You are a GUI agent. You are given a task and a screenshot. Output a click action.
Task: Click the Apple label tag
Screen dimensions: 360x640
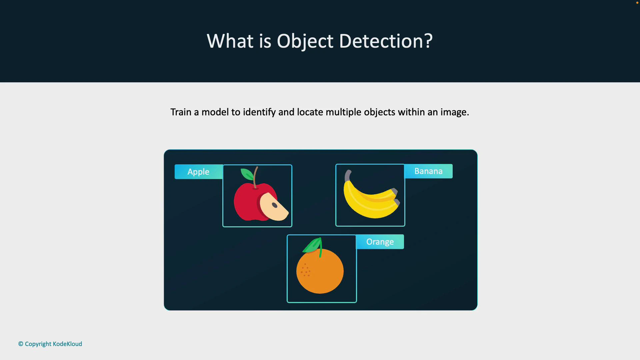(198, 172)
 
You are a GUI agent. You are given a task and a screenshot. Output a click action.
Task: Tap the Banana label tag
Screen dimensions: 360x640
(428, 171)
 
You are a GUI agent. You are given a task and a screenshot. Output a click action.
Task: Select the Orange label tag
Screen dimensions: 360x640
(380, 242)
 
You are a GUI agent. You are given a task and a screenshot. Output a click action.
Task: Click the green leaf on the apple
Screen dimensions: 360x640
(247, 174)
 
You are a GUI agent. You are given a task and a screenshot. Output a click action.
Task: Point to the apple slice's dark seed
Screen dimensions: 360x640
(275, 205)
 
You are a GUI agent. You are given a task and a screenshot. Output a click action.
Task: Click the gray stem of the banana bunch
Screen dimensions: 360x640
(348, 175)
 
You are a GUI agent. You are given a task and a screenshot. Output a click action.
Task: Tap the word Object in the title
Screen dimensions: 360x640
(305, 42)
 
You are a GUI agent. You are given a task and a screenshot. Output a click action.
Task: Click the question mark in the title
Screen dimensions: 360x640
(428, 41)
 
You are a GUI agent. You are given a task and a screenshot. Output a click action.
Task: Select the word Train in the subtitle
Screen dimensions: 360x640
(180, 112)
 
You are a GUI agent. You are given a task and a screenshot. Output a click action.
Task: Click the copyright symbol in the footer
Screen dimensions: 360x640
(21, 344)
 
